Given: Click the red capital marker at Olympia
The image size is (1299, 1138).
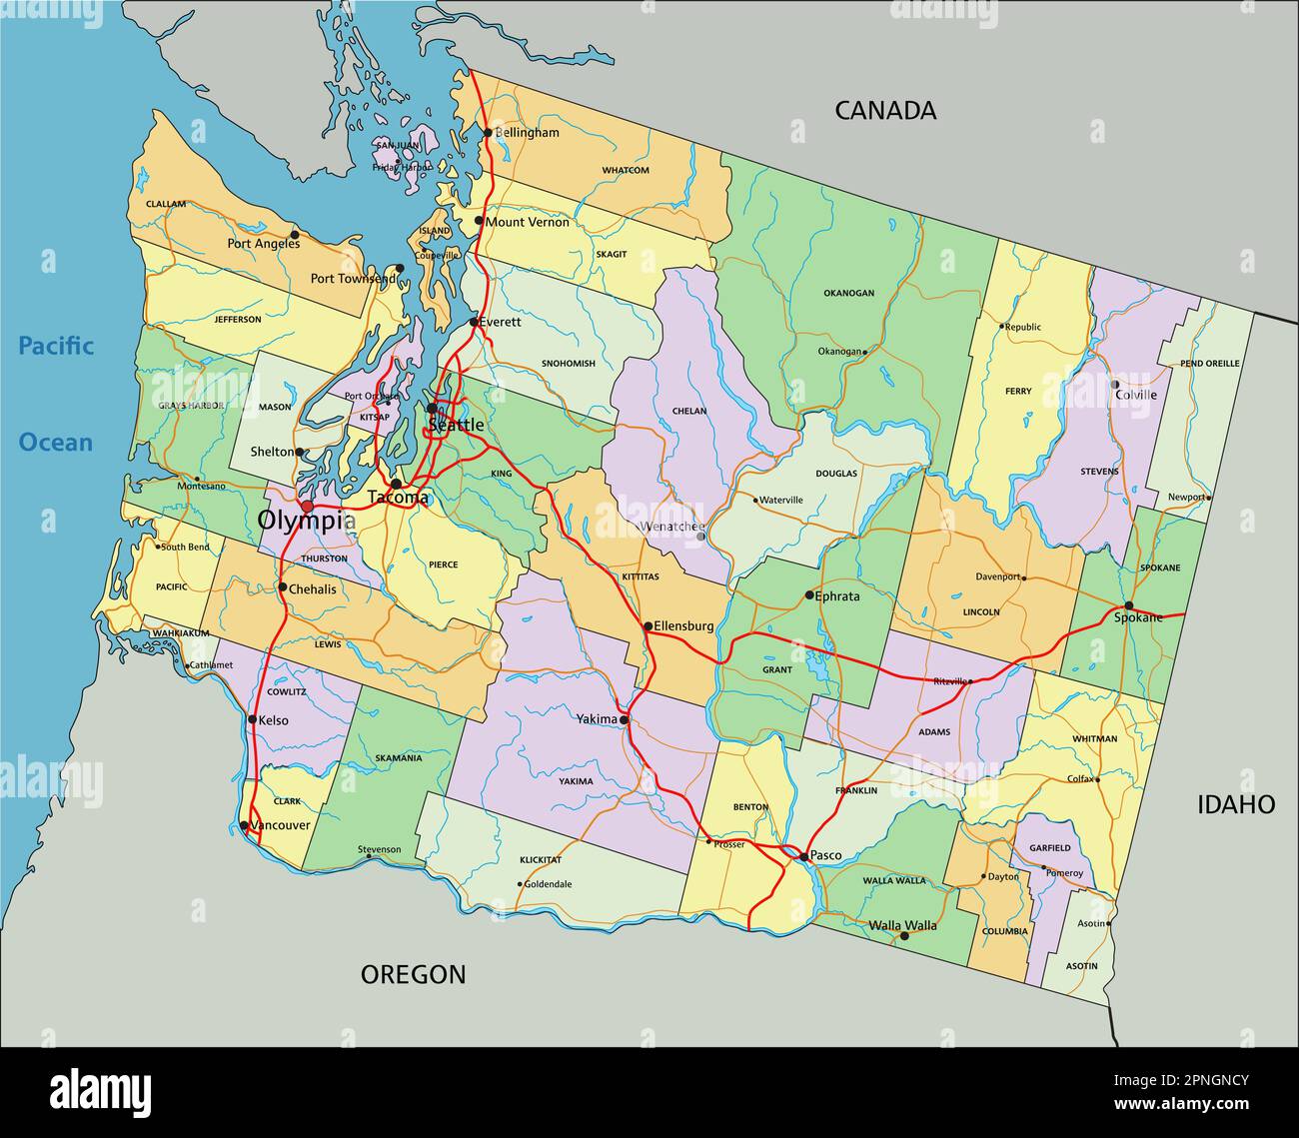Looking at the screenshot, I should tap(307, 508).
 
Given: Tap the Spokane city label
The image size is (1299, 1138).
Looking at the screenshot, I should tap(1138, 617).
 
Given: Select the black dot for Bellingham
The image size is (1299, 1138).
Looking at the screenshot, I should tap(488, 132).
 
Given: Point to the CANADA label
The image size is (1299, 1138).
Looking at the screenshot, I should tap(885, 111).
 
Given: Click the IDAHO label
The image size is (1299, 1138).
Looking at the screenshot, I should tap(1236, 804).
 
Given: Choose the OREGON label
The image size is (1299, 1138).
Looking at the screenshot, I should tap(413, 974).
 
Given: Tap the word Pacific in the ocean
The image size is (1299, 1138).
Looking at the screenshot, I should tap(56, 347).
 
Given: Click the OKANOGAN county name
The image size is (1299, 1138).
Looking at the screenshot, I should tap(848, 293).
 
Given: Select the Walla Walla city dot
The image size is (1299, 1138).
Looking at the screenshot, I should tap(904, 936).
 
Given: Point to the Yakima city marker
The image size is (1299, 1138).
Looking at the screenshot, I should tap(624, 719).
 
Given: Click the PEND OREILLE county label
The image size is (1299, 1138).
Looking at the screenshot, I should tap(1209, 364).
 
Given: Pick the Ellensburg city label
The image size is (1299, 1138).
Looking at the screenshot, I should tap(683, 626).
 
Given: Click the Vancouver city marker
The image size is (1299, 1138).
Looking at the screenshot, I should tap(244, 825).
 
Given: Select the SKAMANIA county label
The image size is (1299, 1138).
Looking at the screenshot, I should tap(398, 758).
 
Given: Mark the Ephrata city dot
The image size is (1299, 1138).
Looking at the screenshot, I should tap(809, 595).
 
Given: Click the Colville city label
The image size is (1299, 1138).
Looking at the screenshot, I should tap(1137, 395).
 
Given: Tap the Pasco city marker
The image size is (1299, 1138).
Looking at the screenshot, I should tap(803, 856).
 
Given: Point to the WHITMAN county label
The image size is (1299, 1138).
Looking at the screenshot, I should tap(1094, 739).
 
